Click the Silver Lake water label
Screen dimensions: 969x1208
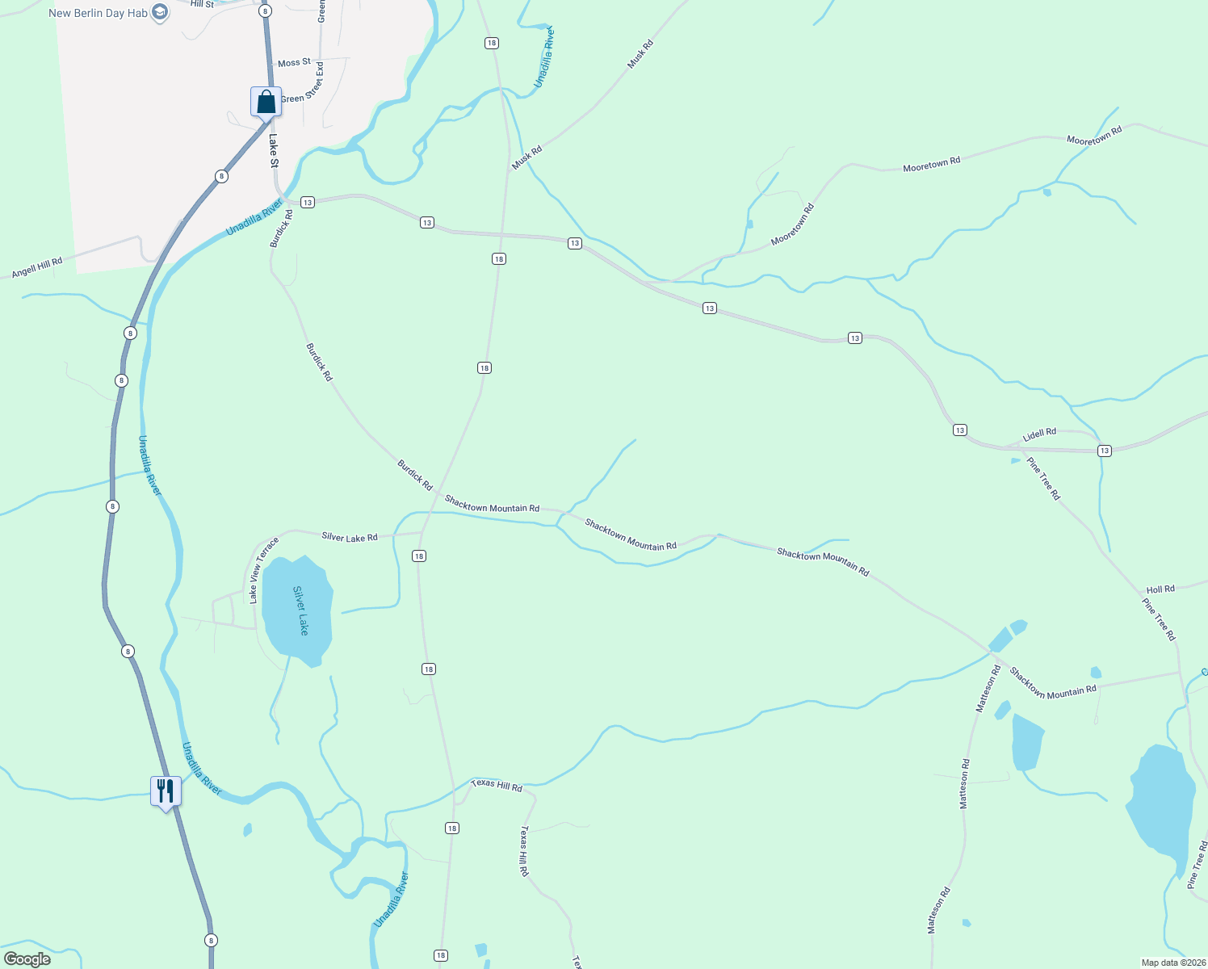300,610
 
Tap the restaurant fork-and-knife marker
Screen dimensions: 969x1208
166,791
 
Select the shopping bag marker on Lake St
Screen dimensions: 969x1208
266,103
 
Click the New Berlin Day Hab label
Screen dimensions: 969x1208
98,13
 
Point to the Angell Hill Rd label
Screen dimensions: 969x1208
37,268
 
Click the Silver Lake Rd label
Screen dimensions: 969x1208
349,537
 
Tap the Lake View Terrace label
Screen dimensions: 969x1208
263,570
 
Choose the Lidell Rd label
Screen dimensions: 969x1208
1039,434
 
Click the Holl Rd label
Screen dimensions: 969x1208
1160,589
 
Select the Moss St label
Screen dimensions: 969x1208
294,63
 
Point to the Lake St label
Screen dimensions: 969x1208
274,151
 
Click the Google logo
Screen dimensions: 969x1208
27,959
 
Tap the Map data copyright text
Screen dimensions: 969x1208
1172,963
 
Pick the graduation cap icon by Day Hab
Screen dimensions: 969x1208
160,12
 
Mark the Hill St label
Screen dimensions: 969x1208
202,4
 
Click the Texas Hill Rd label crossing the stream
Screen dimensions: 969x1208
497,785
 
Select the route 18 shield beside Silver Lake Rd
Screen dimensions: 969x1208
418,556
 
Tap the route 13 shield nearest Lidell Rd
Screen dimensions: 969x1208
1104,451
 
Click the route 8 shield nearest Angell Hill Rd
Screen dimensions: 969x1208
131,333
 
